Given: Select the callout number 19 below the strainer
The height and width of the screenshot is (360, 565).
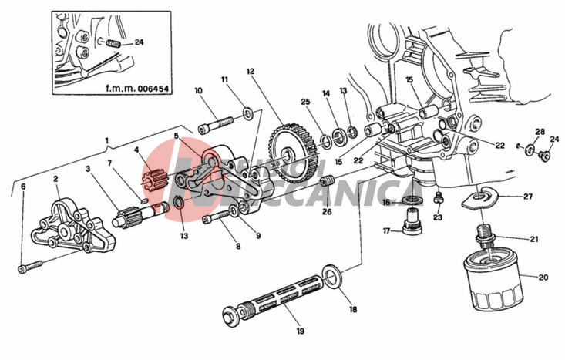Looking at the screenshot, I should (x=300, y=332).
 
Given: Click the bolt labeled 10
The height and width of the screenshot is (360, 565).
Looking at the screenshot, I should (x=218, y=122).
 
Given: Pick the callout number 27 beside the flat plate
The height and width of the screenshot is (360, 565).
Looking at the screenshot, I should (x=528, y=197).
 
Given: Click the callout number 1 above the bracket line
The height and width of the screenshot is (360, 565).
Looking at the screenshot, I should (x=107, y=141).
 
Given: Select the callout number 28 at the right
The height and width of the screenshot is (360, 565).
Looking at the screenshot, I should (x=540, y=132).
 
